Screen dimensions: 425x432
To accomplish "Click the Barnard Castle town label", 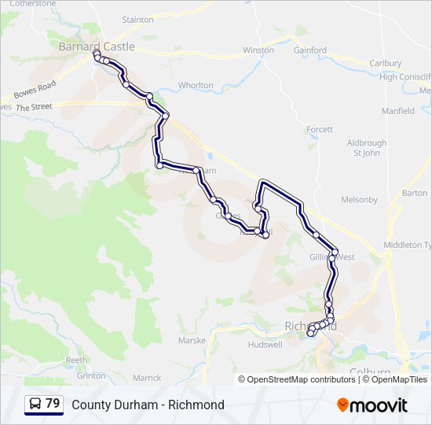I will [97, 46].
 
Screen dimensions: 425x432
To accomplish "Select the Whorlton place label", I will [196, 85].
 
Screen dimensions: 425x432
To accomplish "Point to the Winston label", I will [258, 50].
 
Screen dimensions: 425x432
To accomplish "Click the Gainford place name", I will [310, 50].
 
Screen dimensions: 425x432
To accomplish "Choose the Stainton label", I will [138, 19].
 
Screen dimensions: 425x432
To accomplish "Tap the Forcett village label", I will [320, 129].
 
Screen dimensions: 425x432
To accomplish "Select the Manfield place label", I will [398, 111].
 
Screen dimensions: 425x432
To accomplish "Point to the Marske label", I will [192, 341].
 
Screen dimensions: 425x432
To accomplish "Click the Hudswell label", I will [265, 345].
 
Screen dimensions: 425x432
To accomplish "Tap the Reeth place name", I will [76, 360].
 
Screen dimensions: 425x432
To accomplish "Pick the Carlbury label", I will [385, 63].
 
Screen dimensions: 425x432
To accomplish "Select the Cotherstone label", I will [33, 4].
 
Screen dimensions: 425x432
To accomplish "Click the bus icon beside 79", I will [35, 404].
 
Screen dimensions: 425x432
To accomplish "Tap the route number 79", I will [53, 404].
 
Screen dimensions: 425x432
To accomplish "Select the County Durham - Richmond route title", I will [148, 405].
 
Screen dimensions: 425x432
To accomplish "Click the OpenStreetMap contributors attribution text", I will [301, 379].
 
